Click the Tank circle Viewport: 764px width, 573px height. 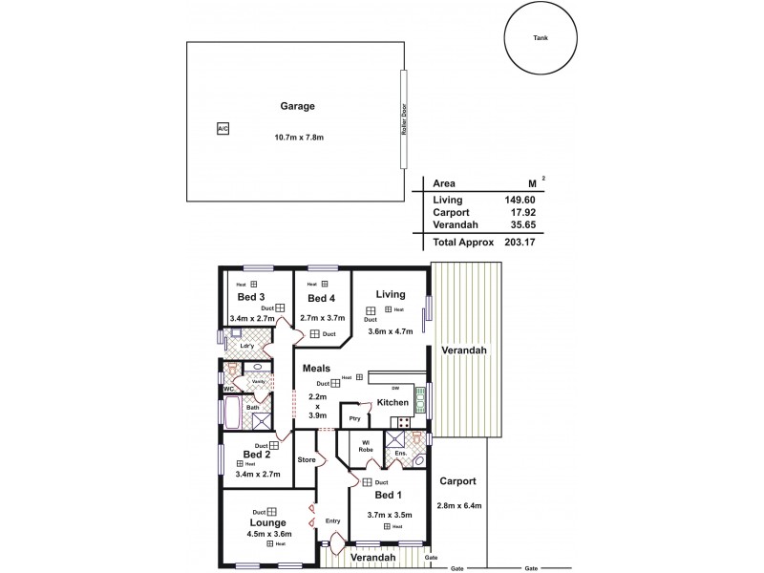541,38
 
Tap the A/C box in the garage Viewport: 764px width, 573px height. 223,128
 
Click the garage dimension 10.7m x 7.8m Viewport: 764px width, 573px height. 299,138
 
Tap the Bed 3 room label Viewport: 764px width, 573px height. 250,296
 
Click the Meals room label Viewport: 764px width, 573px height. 317,368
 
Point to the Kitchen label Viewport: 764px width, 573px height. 393,403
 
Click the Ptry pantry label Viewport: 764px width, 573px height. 354,418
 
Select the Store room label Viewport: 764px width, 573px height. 307,460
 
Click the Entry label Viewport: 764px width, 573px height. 332,520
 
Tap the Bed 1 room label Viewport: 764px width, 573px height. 387,496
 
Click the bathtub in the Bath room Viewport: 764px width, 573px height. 230,413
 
